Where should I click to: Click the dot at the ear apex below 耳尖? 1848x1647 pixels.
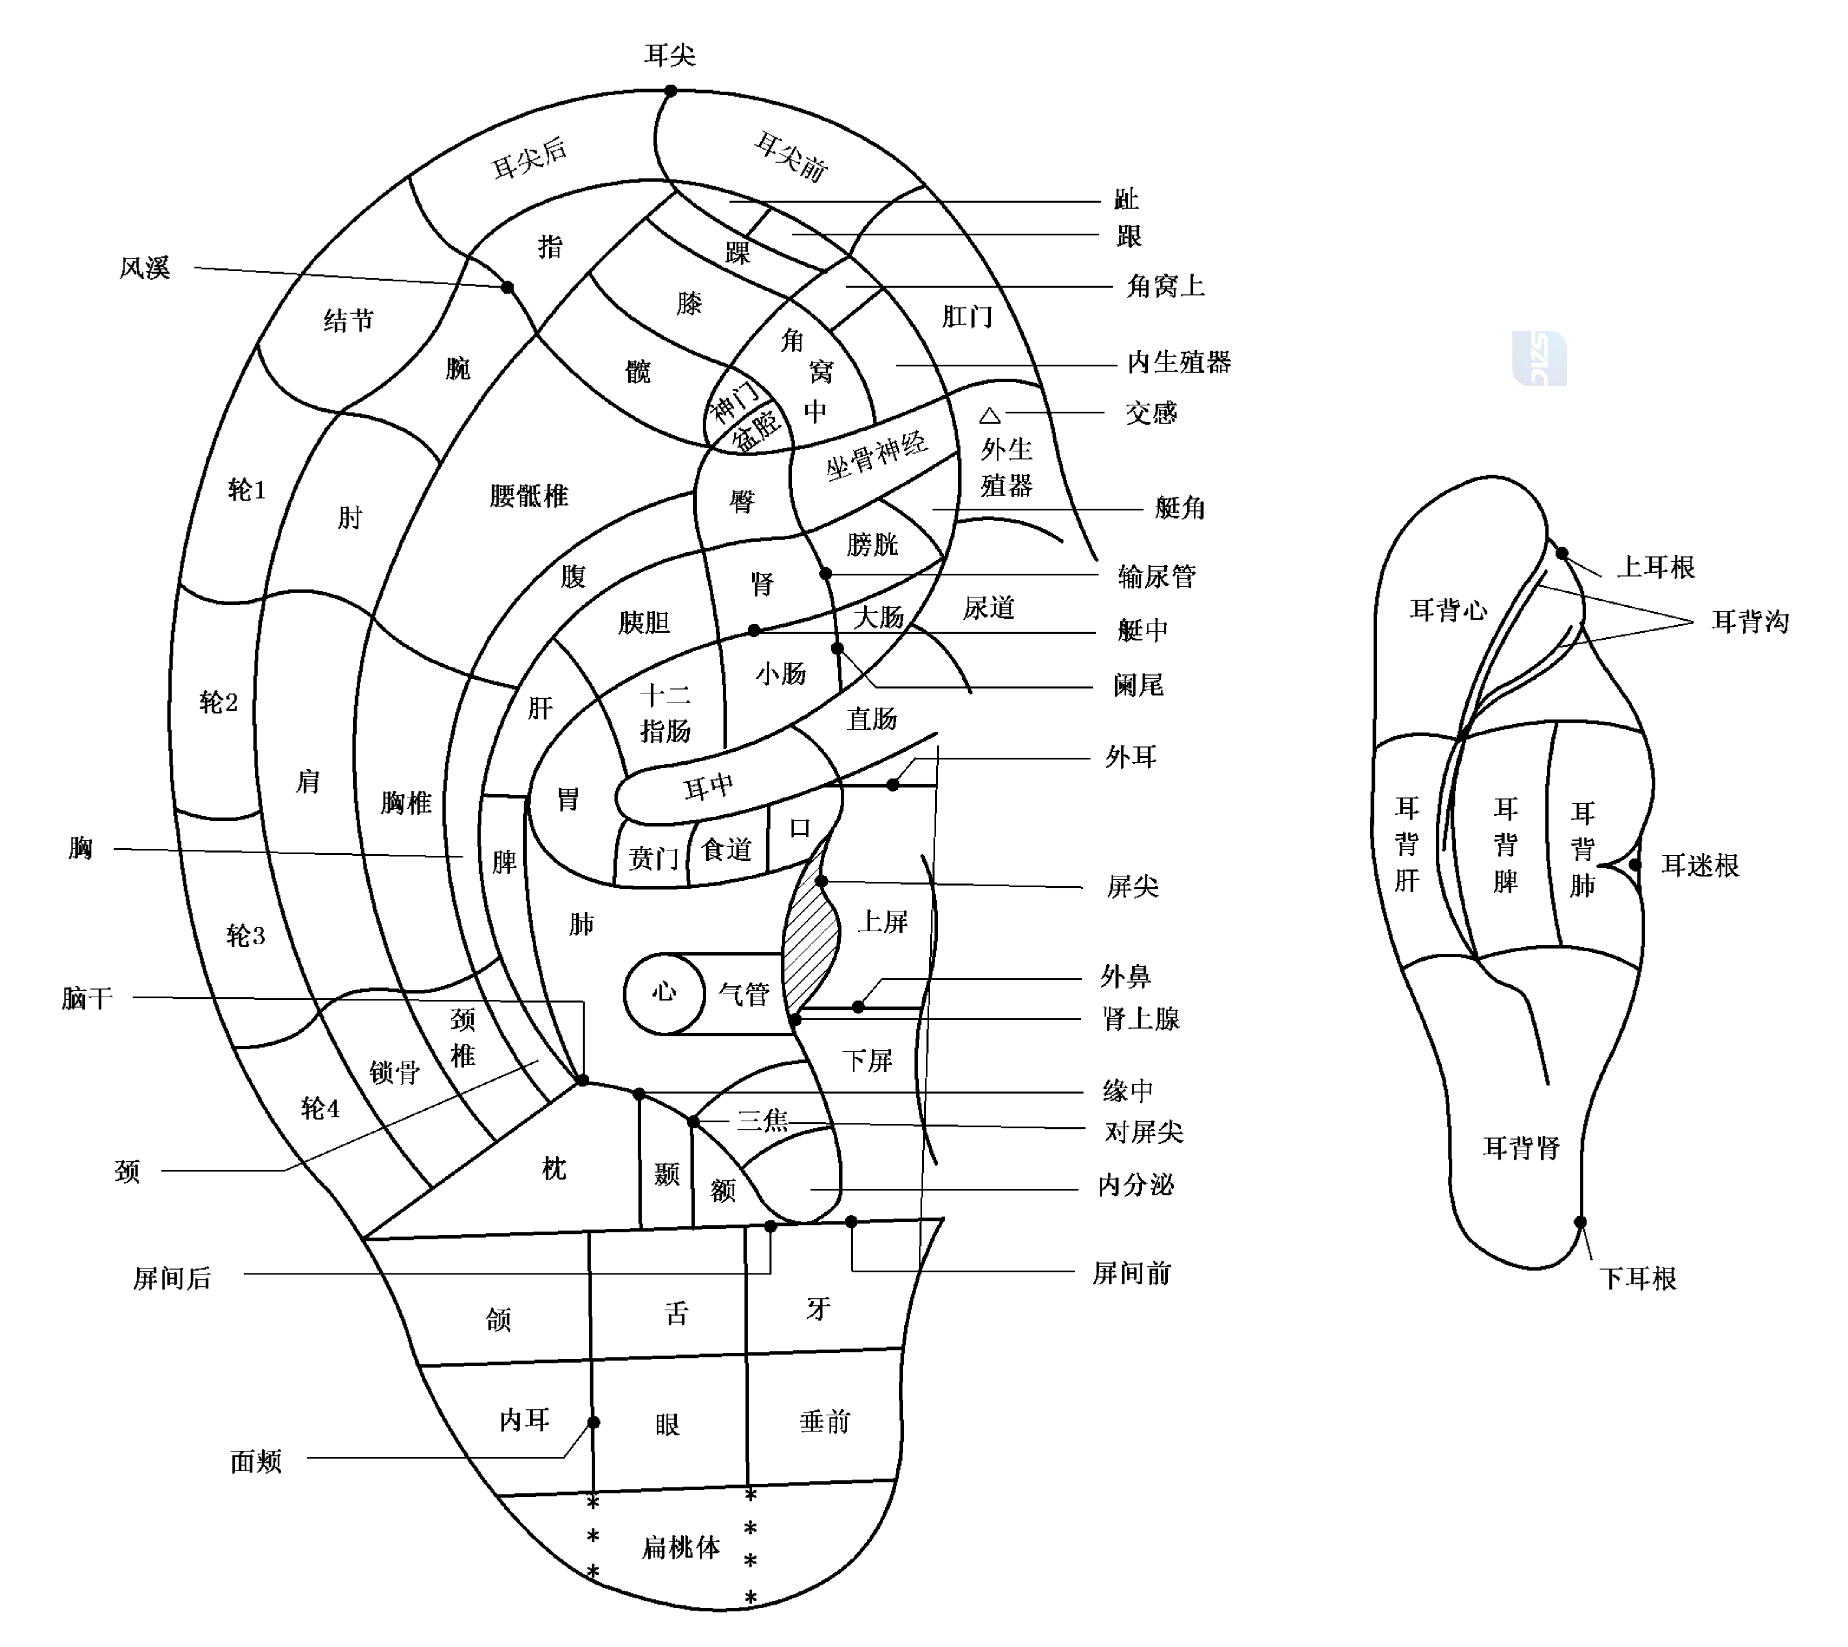click(671, 91)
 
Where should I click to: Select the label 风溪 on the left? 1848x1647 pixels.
click(145, 268)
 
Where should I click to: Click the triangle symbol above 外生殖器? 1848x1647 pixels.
click(990, 415)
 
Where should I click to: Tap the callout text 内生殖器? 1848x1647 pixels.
click(1179, 362)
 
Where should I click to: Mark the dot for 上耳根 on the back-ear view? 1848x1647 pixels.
click(1562, 553)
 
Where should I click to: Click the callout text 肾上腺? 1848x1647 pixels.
click(1141, 1019)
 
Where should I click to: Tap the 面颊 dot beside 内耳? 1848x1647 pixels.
click(594, 1422)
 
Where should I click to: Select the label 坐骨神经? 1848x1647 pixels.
click(876, 455)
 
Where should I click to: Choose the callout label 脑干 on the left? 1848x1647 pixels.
click(88, 998)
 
